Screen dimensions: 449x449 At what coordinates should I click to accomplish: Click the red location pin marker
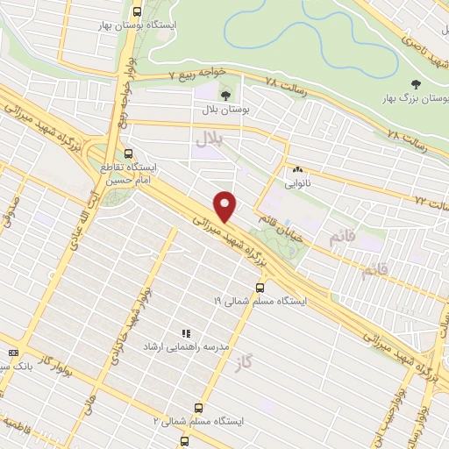tap(226, 207)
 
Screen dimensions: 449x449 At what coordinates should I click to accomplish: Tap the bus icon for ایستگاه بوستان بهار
tap(137, 12)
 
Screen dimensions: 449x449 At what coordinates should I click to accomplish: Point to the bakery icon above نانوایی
tap(298, 170)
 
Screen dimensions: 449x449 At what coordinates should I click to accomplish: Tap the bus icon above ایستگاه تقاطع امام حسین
tap(130, 153)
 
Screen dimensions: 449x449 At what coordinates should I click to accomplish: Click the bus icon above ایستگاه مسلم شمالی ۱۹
tap(260, 287)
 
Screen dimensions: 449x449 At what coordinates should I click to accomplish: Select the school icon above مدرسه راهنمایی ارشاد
tap(185, 333)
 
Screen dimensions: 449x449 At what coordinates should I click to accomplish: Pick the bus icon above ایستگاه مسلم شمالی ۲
tap(198, 408)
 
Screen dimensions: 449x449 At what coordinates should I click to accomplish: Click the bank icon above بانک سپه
tap(12, 353)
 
